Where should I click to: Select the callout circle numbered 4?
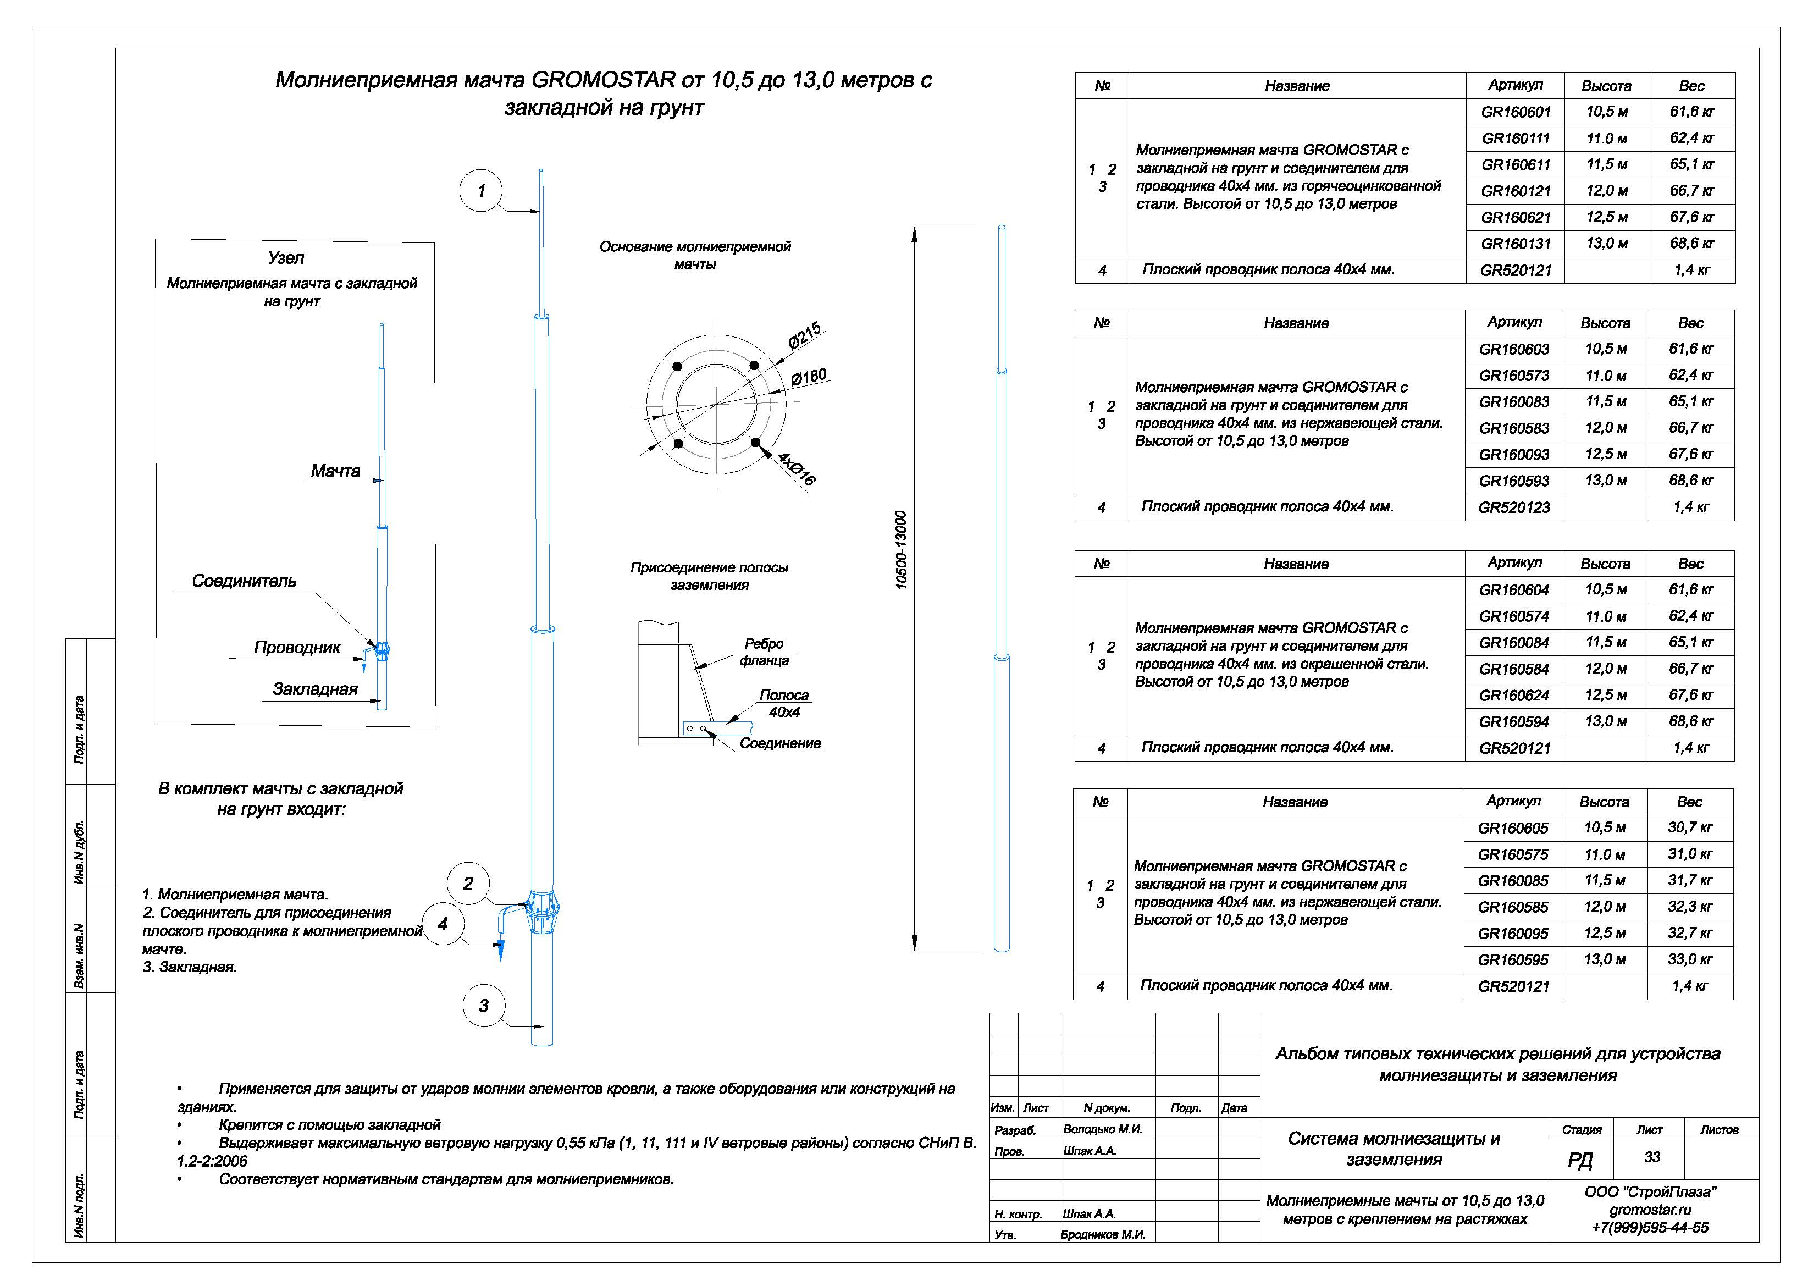click(x=443, y=924)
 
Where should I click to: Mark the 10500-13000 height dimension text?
click(x=901, y=550)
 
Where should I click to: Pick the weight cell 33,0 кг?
click(x=1690, y=959)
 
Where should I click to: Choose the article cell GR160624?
click(x=1514, y=696)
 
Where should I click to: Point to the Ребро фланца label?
click(x=764, y=652)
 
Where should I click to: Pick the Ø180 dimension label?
click(x=809, y=377)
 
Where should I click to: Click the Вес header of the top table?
click(x=1691, y=86)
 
